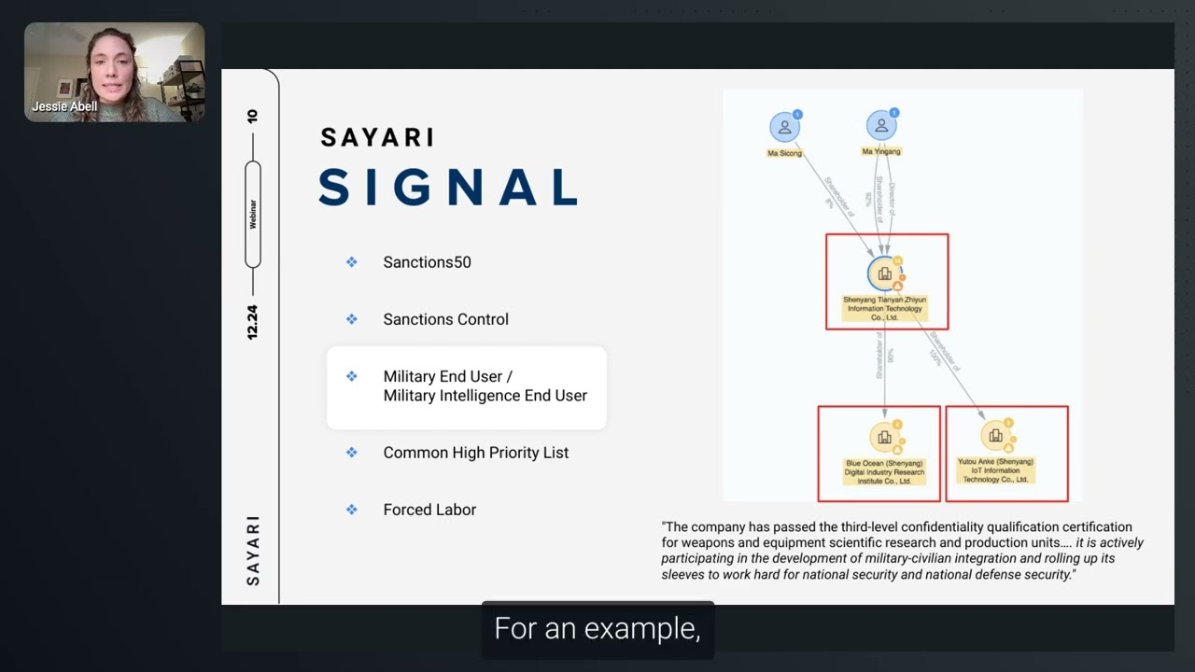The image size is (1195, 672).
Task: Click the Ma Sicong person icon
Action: (784, 127)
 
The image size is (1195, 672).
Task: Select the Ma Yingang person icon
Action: (880, 126)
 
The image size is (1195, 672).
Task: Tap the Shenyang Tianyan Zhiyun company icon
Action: (884, 273)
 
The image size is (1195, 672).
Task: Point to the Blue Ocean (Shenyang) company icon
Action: (883, 437)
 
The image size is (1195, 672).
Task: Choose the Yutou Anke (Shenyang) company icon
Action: (995, 436)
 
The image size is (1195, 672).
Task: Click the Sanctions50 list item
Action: (427, 262)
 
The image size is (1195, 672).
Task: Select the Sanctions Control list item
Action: (445, 319)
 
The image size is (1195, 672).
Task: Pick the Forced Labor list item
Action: (429, 510)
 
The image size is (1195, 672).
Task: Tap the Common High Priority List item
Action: (475, 453)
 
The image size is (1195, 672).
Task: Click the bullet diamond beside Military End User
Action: (352, 376)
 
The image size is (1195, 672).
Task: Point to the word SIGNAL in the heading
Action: (448, 188)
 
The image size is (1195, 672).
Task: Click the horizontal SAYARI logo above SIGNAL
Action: (377, 137)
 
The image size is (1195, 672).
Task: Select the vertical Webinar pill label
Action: (252, 214)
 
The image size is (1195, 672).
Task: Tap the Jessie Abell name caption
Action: (64, 106)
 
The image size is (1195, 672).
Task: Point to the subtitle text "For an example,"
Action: (597, 629)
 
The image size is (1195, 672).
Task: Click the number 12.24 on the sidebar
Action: (252, 322)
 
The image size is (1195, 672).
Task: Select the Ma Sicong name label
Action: (784, 153)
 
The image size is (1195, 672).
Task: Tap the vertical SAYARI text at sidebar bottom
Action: (253, 551)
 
